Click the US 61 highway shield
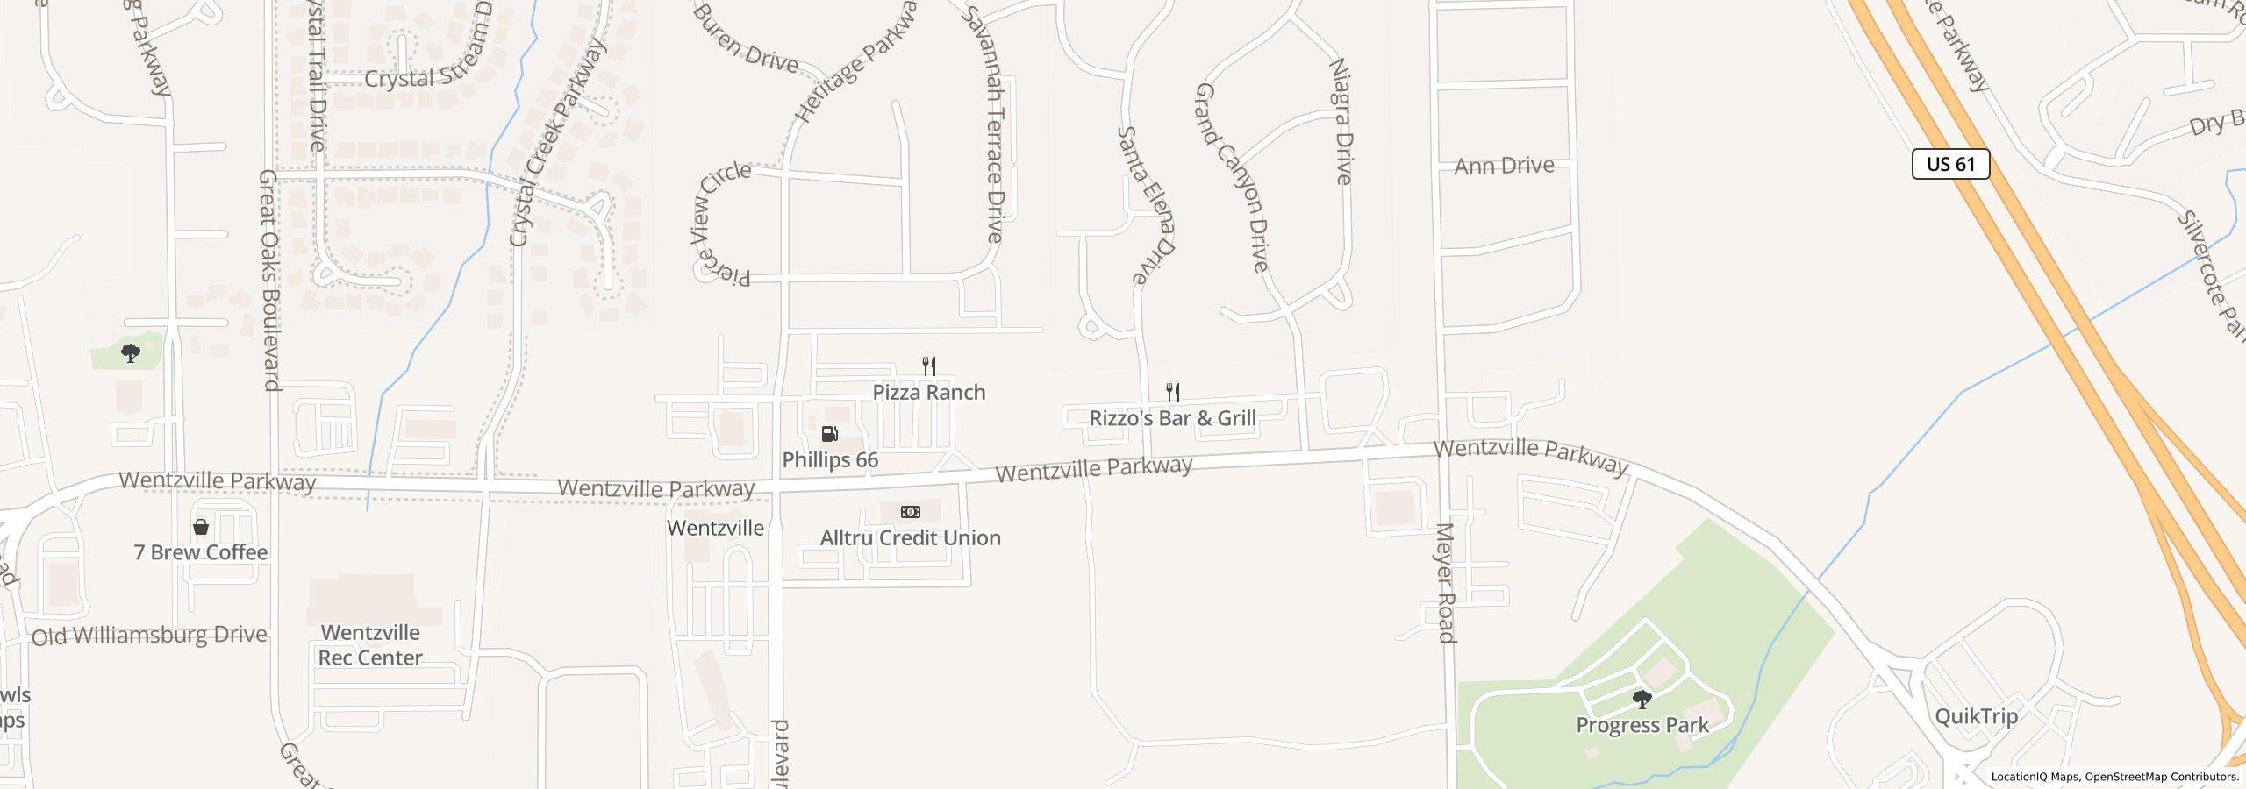pyautogui.click(x=1950, y=164)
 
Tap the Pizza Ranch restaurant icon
pyautogui.click(x=929, y=366)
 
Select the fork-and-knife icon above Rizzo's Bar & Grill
pyautogui.click(x=1172, y=392)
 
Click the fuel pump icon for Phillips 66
pyautogui.click(x=829, y=434)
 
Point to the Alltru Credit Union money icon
pyautogui.click(x=911, y=512)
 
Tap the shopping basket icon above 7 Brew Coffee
pyautogui.click(x=201, y=527)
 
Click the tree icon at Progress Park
pyautogui.click(x=1642, y=700)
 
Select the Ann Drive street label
pyautogui.click(x=1504, y=166)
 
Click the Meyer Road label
pyautogui.click(x=1447, y=583)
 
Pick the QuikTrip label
pyautogui.click(x=1976, y=716)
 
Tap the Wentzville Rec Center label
pyautogui.click(x=370, y=645)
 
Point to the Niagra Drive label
pyautogui.click(x=1341, y=121)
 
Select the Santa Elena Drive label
pyautogui.click(x=1145, y=204)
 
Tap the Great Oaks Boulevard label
pyautogui.click(x=268, y=281)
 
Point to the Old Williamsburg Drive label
pyautogui.click(x=149, y=636)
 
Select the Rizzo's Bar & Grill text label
pyautogui.click(x=1172, y=418)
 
